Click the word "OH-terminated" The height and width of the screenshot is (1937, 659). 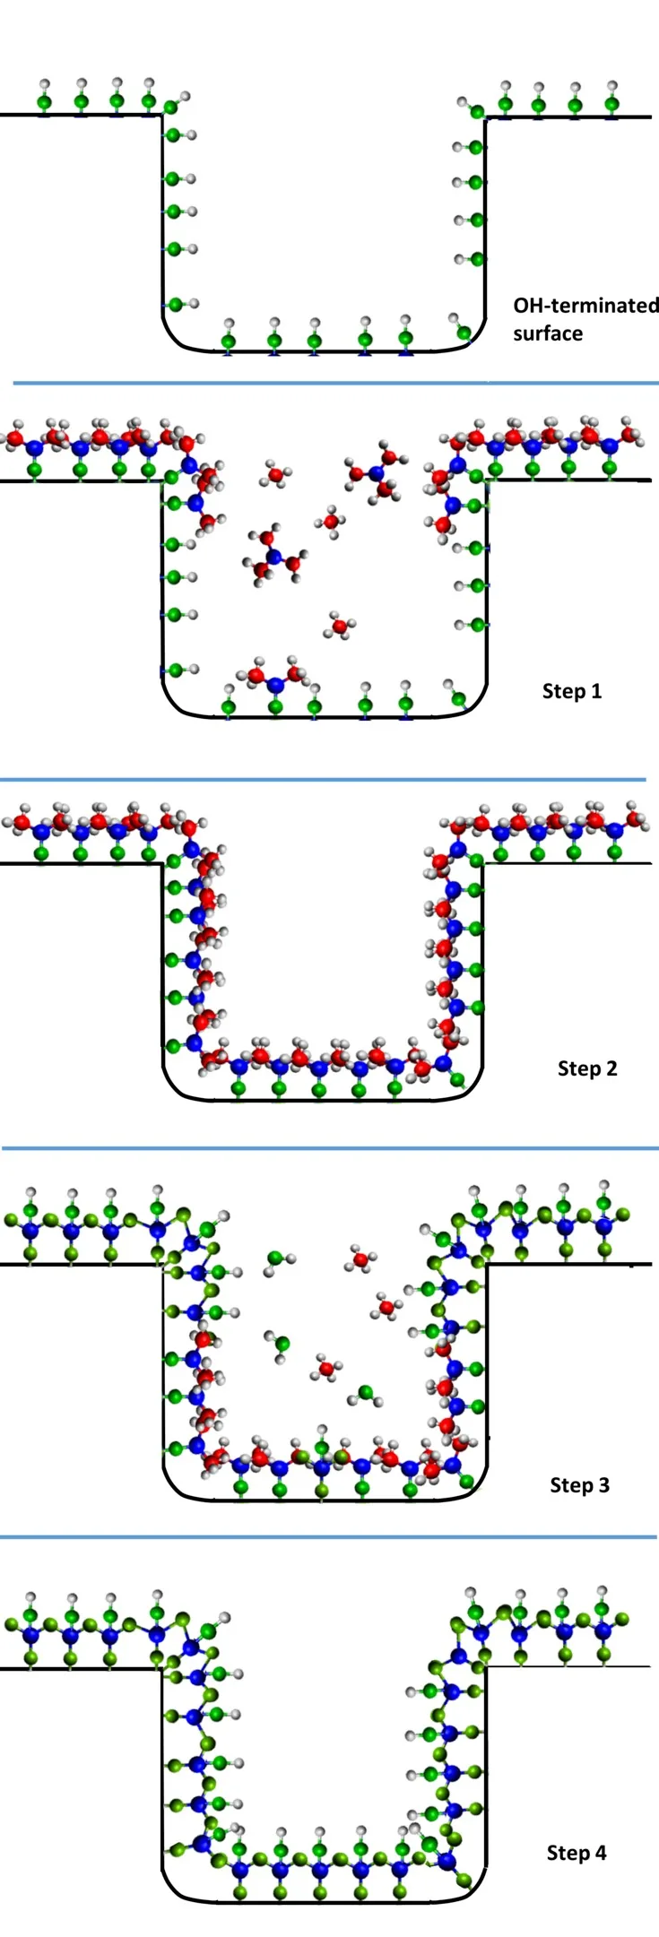[585, 306]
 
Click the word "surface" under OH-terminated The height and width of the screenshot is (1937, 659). [548, 333]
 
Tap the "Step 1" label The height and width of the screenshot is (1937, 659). [572, 691]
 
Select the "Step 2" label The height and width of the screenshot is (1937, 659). [587, 1068]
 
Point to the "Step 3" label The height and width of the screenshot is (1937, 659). [579, 1485]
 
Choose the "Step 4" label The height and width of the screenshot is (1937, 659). [577, 1853]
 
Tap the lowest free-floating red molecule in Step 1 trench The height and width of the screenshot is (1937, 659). [340, 626]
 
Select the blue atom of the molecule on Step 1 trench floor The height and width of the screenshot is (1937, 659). [275, 685]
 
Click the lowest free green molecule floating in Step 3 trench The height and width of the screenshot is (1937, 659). [366, 1393]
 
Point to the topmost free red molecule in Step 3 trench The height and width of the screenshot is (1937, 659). [360, 1259]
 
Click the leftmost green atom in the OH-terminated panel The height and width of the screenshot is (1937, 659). [44, 101]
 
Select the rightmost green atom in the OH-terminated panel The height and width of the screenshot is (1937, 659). [611, 104]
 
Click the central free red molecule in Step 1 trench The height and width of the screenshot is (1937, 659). [331, 521]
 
